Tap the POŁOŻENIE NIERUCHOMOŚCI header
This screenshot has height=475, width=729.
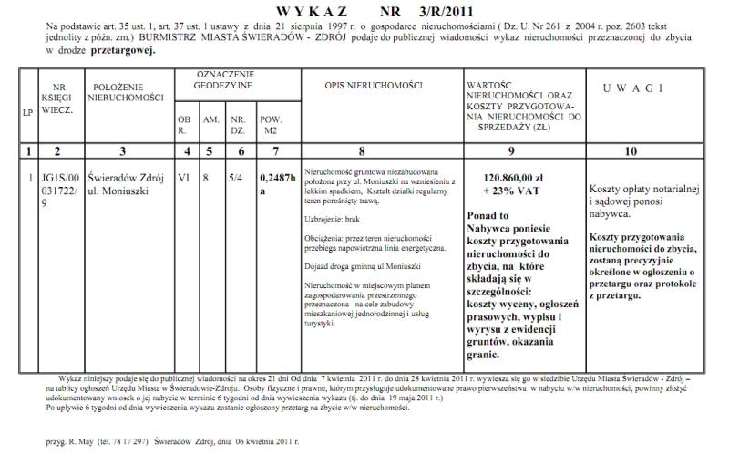point(128,92)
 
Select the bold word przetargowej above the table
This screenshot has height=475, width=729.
point(124,52)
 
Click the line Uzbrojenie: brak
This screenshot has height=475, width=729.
point(334,221)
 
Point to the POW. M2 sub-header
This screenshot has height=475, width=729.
point(271,125)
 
